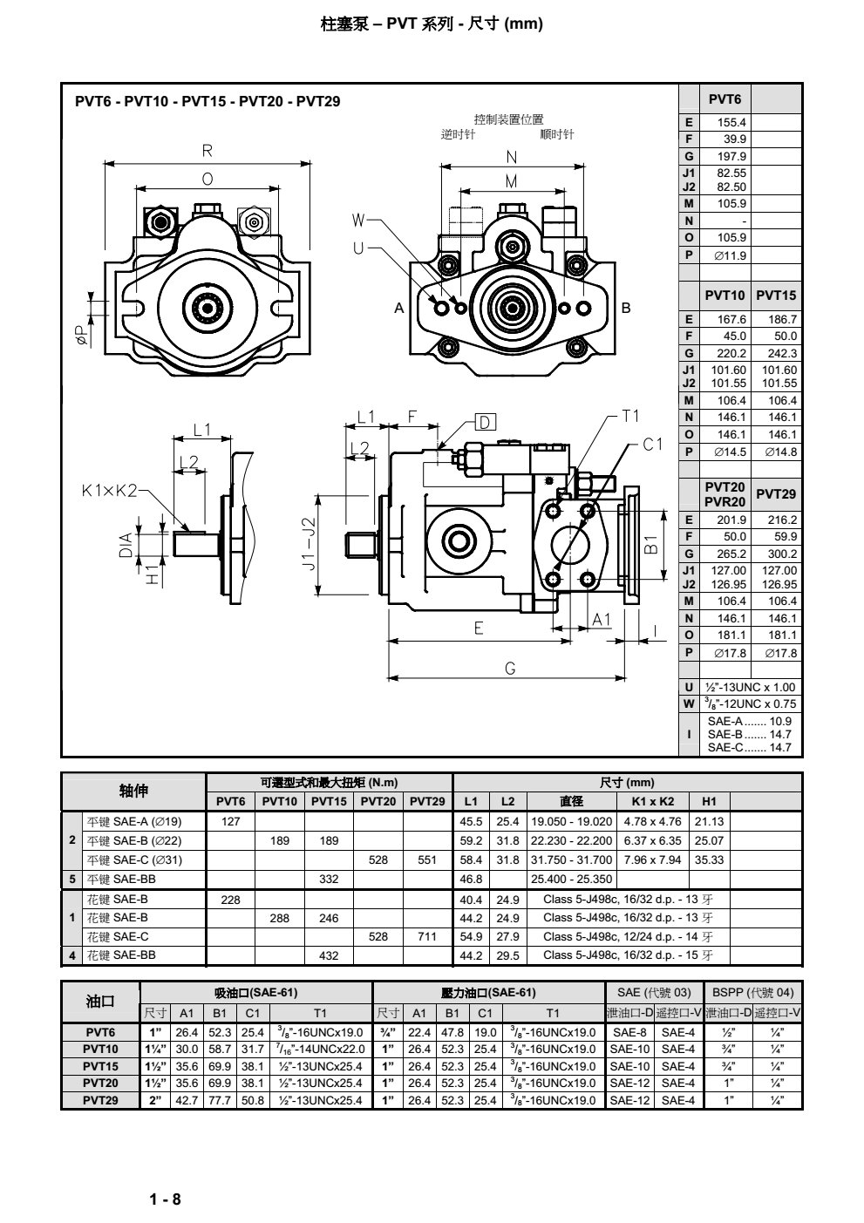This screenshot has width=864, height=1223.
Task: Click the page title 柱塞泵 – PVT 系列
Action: [432, 24]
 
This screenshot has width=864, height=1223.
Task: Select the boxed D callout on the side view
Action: [484, 423]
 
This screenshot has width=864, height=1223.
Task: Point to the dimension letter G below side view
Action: [510, 669]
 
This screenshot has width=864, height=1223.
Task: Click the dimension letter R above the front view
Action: [207, 151]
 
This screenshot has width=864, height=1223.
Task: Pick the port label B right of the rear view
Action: [625, 308]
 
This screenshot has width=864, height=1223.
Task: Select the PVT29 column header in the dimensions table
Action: [776, 494]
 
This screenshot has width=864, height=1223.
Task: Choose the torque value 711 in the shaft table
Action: [427, 936]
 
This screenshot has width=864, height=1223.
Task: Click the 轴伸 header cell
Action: [133, 791]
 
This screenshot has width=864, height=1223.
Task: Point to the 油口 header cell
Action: [100, 1001]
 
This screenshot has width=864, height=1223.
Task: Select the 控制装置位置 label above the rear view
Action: [508, 119]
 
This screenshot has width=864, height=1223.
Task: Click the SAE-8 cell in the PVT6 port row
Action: [630, 1032]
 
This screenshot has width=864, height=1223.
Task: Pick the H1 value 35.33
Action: [709, 859]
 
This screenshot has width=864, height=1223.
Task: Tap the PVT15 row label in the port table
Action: [100, 1066]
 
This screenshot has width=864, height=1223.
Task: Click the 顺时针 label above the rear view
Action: [557, 134]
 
